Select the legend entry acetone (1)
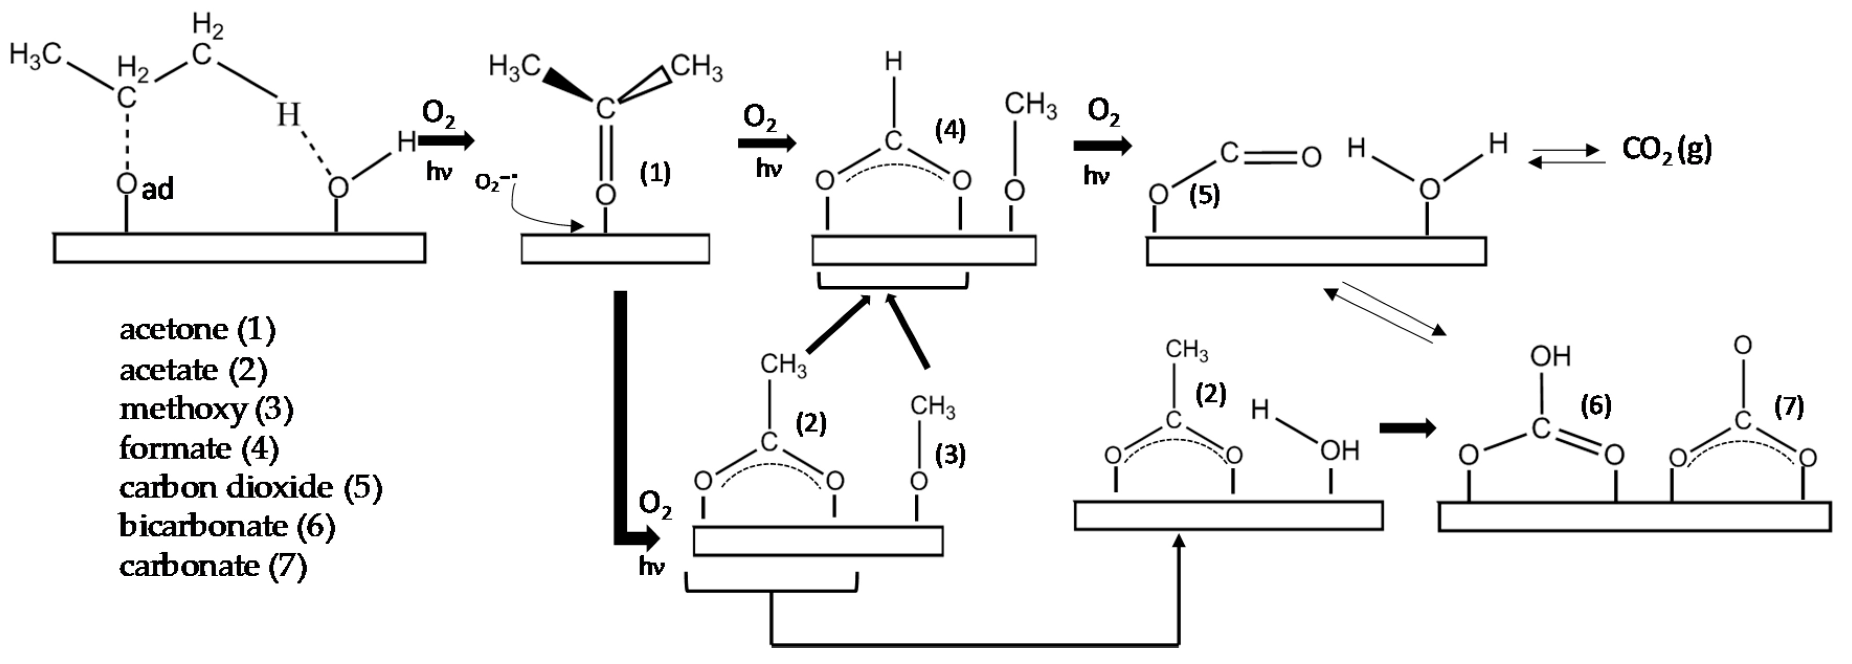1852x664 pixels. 198,329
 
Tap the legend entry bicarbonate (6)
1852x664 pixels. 227,526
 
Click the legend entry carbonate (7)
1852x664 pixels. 214,566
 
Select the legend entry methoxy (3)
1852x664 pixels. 206,409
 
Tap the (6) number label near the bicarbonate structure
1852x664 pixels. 1596,406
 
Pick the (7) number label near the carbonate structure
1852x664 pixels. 1789,407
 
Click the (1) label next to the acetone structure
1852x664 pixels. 655,173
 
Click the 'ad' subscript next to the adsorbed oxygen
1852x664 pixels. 158,190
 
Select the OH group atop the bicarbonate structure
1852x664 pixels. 1550,357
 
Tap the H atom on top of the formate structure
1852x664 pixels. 893,63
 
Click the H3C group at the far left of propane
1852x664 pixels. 35,54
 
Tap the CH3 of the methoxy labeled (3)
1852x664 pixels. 933,406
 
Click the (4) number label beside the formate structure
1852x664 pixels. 950,130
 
